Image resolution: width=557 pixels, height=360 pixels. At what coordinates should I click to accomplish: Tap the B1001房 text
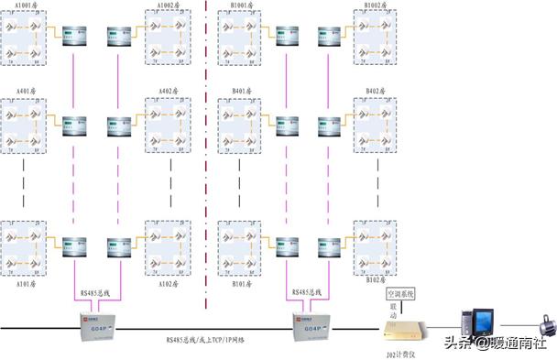click(x=245, y=5)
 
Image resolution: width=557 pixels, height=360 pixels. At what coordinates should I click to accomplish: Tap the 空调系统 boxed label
click(x=399, y=294)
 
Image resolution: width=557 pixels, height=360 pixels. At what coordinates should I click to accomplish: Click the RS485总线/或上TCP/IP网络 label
click(x=205, y=340)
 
